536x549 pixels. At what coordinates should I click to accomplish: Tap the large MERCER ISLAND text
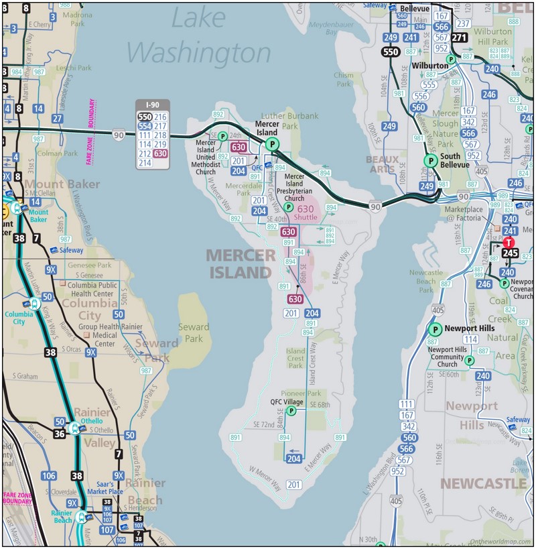click(x=240, y=263)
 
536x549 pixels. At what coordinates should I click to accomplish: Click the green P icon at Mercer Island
click(x=271, y=144)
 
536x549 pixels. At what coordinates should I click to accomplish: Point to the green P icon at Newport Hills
click(x=434, y=329)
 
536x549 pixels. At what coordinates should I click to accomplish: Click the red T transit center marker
click(x=509, y=243)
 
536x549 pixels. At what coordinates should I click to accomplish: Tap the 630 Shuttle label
click(x=306, y=212)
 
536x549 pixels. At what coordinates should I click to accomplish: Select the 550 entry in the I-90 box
click(x=145, y=117)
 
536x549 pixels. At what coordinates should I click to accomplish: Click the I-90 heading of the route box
click(x=153, y=105)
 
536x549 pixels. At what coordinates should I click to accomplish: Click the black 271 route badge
click(x=459, y=38)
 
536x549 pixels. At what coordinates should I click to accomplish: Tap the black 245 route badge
click(x=510, y=253)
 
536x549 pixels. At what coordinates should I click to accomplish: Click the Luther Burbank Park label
click(x=289, y=121)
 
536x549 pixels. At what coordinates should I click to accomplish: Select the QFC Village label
click(x=287, y=402)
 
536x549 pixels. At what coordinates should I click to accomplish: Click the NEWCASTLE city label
click(x=482, y=483)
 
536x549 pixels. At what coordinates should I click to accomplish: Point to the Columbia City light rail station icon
click(x=33, y=304)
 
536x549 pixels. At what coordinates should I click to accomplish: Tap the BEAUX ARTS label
click(x=383, y=164)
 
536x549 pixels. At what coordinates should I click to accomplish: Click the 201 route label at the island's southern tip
click(x=293, y=484)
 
